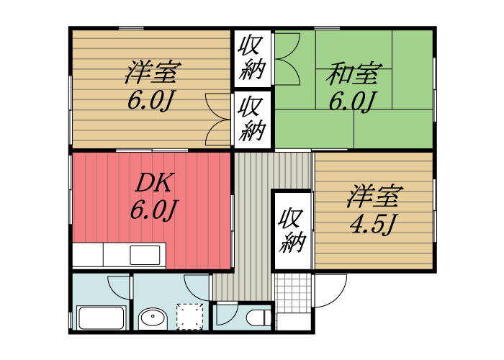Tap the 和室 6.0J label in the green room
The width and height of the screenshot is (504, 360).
click(x=353, y=86)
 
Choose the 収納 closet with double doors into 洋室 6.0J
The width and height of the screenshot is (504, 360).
click(x=252, y=119)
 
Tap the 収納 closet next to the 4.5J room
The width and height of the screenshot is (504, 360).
click(x=292, y=230)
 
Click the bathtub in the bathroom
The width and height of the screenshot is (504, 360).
click(x=102, y=318)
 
